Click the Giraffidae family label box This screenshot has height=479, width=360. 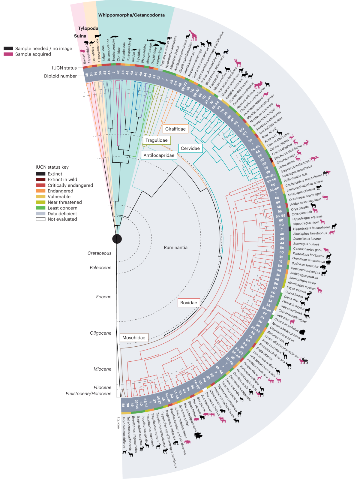(x=175, y=129)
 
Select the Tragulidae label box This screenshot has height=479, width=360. (x=156, y=140)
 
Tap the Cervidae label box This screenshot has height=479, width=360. (x=190, y=148)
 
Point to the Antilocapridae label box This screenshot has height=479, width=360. (x=159, y=155)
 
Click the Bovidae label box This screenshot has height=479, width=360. (x=188, y=303)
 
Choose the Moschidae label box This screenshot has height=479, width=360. (x=134, y=338)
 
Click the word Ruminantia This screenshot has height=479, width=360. (x=175, y=248)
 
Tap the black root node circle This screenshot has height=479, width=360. (x=117, y=239)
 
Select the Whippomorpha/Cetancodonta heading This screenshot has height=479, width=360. (x=131, y=15)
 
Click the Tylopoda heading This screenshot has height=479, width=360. (x=88, y=29)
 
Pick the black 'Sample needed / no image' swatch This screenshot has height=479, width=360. (x=8, y=48)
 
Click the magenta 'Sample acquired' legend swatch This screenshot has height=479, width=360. (x=8, y=54)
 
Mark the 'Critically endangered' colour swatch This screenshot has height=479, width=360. (x=40, y=185)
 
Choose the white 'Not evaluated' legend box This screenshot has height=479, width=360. (x=40, y=219)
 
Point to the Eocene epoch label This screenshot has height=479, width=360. (x=103, y=297)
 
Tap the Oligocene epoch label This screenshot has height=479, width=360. (x=100, y=333)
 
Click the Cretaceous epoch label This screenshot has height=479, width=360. (x=99, y=253)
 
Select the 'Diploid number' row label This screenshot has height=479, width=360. (x=60, y=76)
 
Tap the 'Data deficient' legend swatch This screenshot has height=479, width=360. (x=40, y=213)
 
